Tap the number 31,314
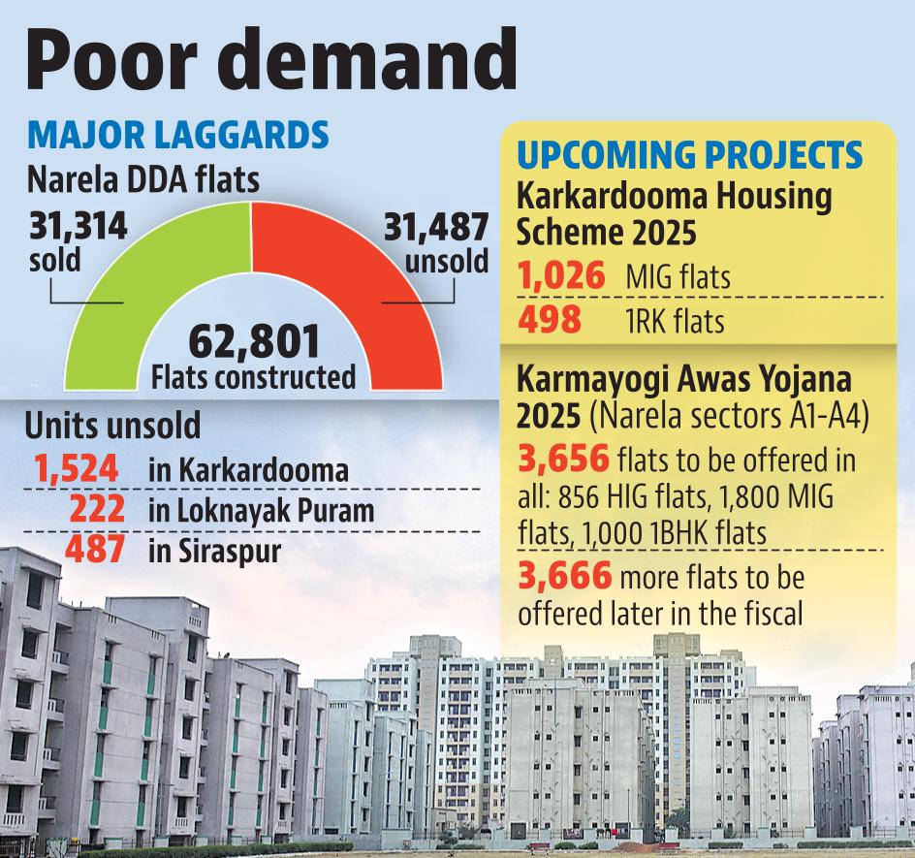pyautogui.click(x=79, y=227)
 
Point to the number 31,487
pyautogui.click(x=436, y=227)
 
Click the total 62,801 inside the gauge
pyautogui.click(x=254, y=342)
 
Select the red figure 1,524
pyautogui.click(x=77, y=468)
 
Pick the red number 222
pyautogui.click(x=97, y=508)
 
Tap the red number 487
pyautogui.click(x=95, y=549)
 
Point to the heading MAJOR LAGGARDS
pyautogui.click(x=178, y=135)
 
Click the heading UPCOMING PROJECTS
pyautogui.click(x=690, y=155)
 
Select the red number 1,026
pyautogui.click(x=561, y=275)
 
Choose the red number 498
pyautogui.click(x=550, y=320)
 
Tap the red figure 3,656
pyautogui.click(x=564, y=459)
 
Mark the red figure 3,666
pyautogui.click(x=565, y=575)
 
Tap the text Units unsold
pyautogui.click(x=112, y=425)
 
